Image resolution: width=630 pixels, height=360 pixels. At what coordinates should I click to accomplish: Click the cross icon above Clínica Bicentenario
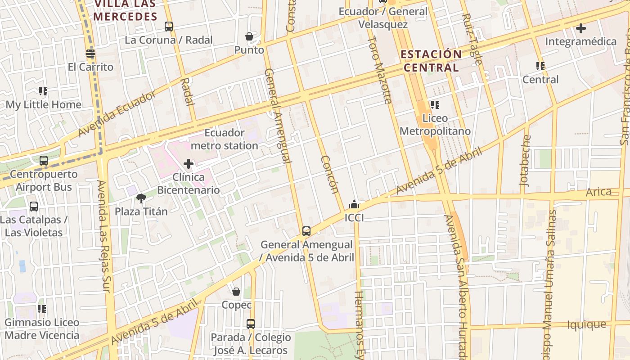pyautogui.click(x=189, y=164)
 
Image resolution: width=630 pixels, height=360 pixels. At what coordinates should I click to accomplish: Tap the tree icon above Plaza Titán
pyautogui.click(x=141, y=198)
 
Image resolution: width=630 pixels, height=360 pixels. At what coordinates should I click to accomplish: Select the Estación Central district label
pyautogui.click(x=431, y=61)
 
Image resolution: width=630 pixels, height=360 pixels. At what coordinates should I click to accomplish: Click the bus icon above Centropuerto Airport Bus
pyautogui.click(x=44, y=161)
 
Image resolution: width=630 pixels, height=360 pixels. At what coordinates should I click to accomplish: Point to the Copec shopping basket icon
pyautogui.click(x=236, y=292)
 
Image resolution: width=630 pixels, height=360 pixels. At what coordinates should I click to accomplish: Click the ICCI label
pyautogui.click(x=354, y=218)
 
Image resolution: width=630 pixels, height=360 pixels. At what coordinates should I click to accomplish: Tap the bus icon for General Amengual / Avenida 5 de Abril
pyautogui.click(x=306, y=231)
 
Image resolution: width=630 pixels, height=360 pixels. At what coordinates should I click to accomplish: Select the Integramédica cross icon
pyautogui.click(x=581, y=28)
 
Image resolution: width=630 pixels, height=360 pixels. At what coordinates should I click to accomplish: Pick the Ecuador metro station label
pyautogui.click(x=224, y=139)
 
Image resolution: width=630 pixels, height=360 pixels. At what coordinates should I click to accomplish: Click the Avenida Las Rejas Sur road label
pyautogui.click(x=103, y=236)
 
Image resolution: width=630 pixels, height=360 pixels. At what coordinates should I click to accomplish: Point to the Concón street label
pyautogui.click(x=330, y=175)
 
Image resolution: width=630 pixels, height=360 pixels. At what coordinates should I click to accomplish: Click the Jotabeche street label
pyautogui.click(x=525, y=161)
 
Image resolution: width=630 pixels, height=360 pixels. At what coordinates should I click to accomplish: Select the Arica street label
pyautogui.click(x=598, y=192)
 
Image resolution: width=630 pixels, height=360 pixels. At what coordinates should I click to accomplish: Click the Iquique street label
pyautogui.click(x=586, y=324)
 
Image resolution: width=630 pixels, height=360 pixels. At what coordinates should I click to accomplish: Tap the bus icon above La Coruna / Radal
pyautogui.click(x=169, y=27)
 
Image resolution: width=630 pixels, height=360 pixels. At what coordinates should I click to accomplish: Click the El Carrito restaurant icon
pyautogui.click(x=90, y=54)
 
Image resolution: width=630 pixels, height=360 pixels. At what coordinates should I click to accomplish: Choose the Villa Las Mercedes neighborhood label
pyautogui.click(x=125, y=10)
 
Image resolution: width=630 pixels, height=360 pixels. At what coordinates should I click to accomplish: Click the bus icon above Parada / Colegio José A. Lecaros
pyautogui.click(x=251, y=324)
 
